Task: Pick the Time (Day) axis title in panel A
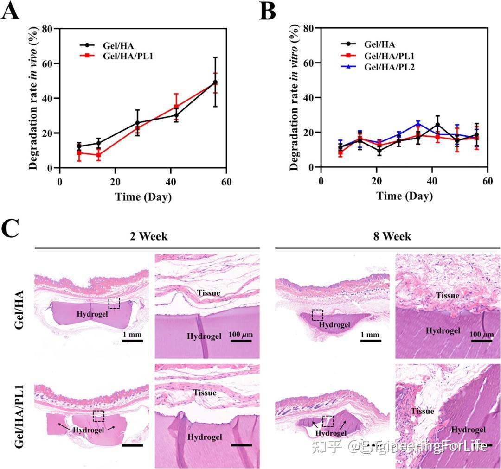pos(143,196)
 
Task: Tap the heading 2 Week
pos(148,236)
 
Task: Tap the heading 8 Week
pos(392,236)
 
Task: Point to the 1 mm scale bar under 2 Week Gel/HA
pos(132,341)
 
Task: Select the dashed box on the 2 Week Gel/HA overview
pos(114,303)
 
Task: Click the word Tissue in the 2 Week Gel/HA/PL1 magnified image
pos(205,393)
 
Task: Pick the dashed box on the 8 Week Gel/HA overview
pos(317,315)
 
